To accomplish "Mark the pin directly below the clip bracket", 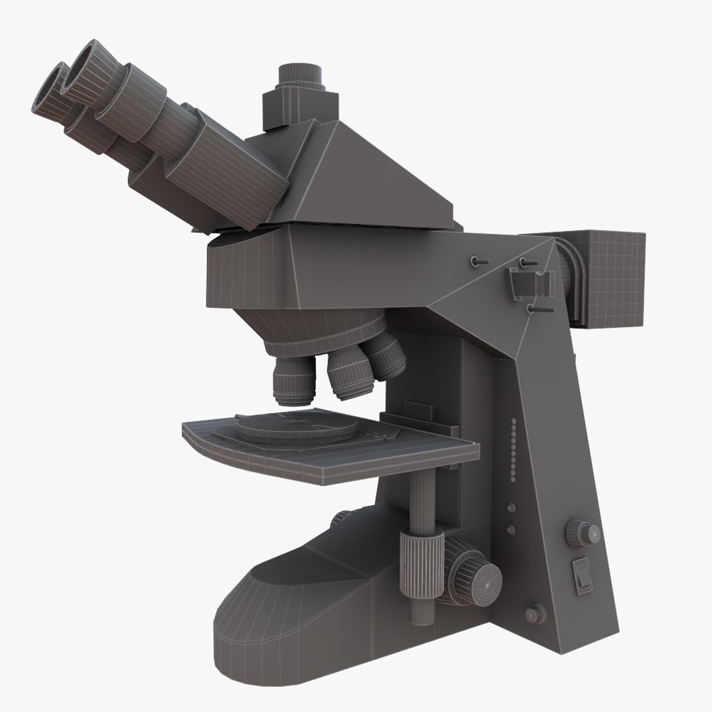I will (x=537, y=307).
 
